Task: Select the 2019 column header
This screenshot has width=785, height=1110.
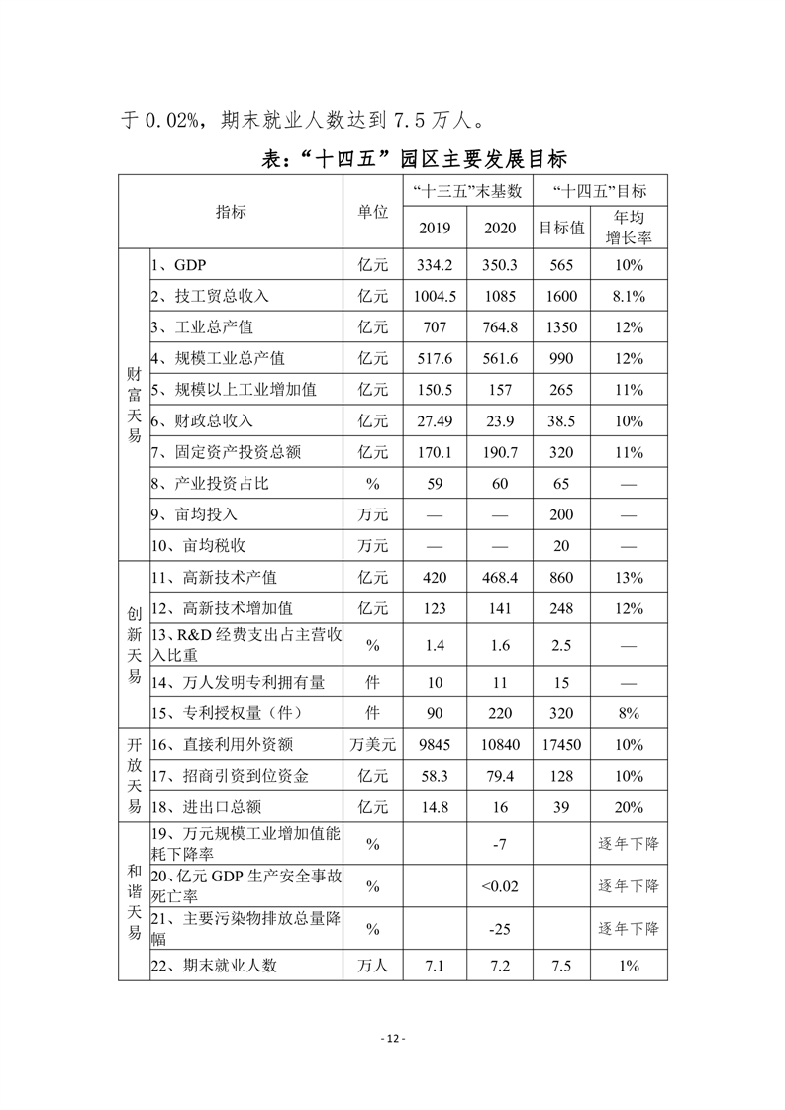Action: (435, 228)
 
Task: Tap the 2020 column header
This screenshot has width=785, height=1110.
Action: (500, 228)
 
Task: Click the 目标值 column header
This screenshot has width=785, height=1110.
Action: (561, 228)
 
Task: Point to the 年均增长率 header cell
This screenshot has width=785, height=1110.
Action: (629, 227)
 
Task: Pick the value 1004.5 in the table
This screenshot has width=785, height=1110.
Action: (435, 296)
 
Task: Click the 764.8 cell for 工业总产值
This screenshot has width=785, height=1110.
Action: (500, 326)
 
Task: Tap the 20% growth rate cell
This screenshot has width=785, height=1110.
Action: (629, 807)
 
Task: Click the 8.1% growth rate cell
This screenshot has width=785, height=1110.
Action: (629, 296)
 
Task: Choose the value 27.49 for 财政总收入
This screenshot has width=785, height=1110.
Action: (435, 419)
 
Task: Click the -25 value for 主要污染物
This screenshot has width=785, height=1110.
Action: (500, 930)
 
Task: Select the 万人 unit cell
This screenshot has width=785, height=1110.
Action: (372, 966)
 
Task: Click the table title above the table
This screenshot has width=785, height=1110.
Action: (392, 157)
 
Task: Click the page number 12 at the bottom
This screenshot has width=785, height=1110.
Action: (392, 1038)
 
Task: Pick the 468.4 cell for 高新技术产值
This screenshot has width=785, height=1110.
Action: (500, 577)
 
